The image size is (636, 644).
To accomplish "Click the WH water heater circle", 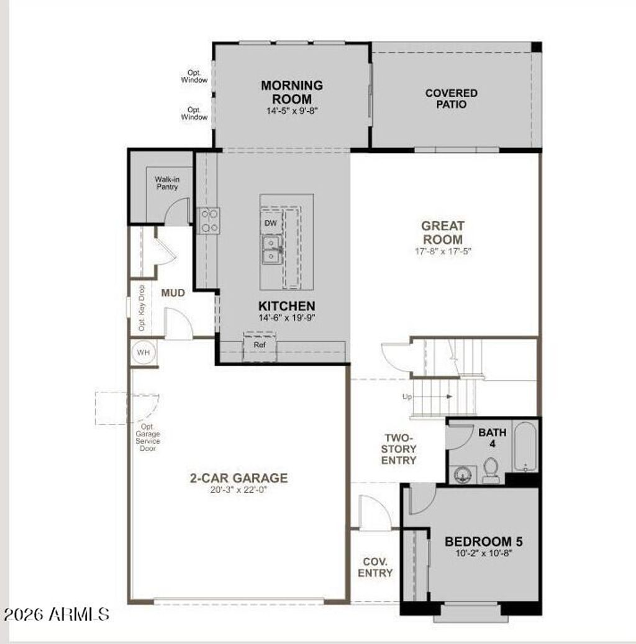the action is click(x=143, y=352).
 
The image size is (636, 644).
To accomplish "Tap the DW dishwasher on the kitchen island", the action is click(x=271, y=223).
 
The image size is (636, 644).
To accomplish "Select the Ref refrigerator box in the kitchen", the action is click(x=260, y=346).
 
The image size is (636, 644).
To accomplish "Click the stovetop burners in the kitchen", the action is click(x=209, y=221).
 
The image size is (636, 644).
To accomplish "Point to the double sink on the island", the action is click(x=271, y=250).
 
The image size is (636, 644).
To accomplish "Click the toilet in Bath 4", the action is click(x=491, y=471).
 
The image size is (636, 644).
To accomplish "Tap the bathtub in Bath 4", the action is click(x=525, y=447).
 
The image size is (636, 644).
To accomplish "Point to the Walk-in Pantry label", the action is click(x=167, y=183).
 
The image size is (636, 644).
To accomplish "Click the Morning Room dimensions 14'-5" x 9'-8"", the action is click(x=292, y=111).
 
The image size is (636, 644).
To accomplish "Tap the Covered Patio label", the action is click(x=452, y=99).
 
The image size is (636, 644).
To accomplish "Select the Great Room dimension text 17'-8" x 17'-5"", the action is click(x=443, y=251).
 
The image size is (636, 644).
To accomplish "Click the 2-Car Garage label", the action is click(x=238, y=478).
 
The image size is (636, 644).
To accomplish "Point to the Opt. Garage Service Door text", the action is click(x=148, y=438).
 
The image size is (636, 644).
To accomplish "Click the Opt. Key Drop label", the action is click(x=142, y=308).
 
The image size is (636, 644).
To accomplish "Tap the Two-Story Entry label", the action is click(x=398, y=449).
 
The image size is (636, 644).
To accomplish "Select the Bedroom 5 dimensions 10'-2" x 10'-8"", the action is click(x=484, y=553).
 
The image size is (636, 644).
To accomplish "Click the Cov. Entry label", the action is click(x=375, y=567).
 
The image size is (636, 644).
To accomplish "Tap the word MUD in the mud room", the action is click(x=173, y=293).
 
